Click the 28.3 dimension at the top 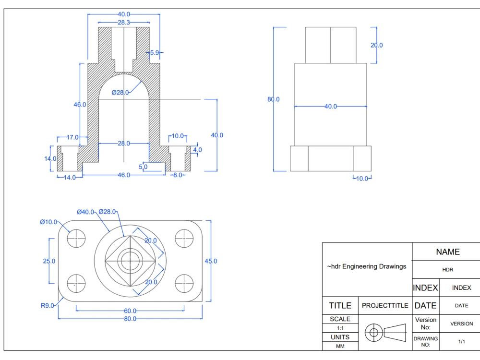pyautogui.click(x=123, y=22)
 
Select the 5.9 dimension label pyautogui.click(x=154, y=53)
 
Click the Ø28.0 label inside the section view pyautogui.click(x=120, y=93)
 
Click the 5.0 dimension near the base pyautogui.click(x=143, y=167)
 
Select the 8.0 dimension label pyautogui.click(x=177, y=175)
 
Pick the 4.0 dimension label pyautogui.click(x=197, y=150)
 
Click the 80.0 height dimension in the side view pyautogui.click(x=274, y=99)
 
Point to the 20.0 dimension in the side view pyautogui.click(x=376, y=45)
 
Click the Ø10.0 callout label pyautogui.click(x=48, y=222)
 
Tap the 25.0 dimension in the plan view pyautogui.click(x=49, y=261)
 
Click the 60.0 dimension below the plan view pyautogui.click(x=131, y=311)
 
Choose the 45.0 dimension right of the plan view pyautogui.click(x=211, y=261)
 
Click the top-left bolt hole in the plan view pyautogui.click(x=76, y=237)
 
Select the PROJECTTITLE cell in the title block pyautogui.click(x=385, y=305)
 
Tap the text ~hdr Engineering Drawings pyautogui.click(x=367, y=266)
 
